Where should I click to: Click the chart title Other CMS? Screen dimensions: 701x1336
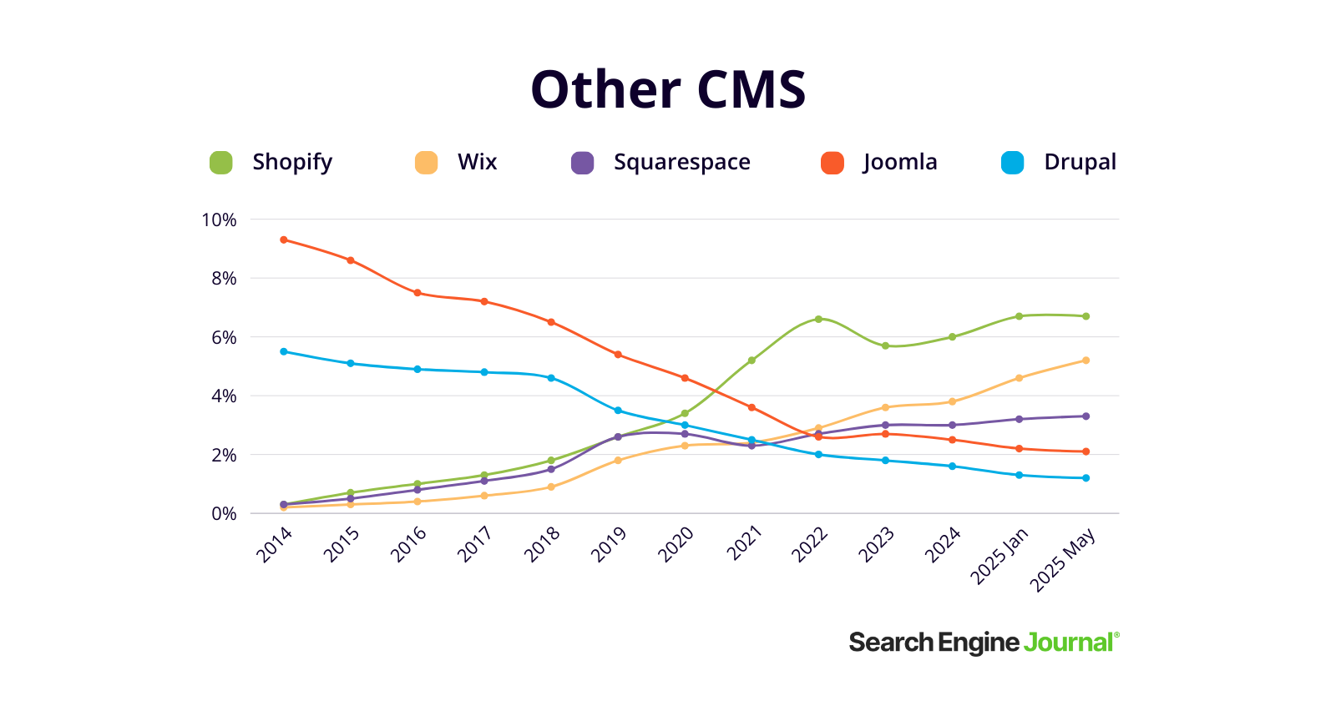click(668, 89)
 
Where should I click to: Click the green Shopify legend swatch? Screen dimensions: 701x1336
click(220, 163)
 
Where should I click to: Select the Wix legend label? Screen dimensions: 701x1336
click(477, 162)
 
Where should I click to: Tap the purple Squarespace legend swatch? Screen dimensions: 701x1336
click(582, 163)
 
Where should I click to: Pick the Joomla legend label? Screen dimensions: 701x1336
click(900, 162)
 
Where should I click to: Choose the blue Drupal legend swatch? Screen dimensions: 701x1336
click(1012, 163)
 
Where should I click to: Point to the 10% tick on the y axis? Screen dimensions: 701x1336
click(219, 220)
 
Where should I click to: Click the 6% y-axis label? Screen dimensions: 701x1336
click(224, 338)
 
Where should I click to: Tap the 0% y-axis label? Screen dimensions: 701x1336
click(224, 514)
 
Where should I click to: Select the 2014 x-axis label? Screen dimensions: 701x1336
click(275, 544)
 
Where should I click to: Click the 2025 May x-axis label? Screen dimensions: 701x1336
click(1063, 559)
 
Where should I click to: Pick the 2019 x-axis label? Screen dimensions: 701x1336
click(609, 544)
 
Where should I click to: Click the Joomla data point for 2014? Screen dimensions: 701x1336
click(284, 240)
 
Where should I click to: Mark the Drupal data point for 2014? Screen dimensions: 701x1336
click(284, 351)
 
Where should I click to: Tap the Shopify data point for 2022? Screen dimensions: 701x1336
click(818, 319)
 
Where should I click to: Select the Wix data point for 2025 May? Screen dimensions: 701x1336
click(1085, 361)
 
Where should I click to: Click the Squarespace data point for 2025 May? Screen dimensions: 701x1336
click(1085, 416)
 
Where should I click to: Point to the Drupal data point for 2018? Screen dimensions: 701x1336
click(551, 378)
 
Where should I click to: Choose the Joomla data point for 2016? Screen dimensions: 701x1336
click(417, 293)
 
